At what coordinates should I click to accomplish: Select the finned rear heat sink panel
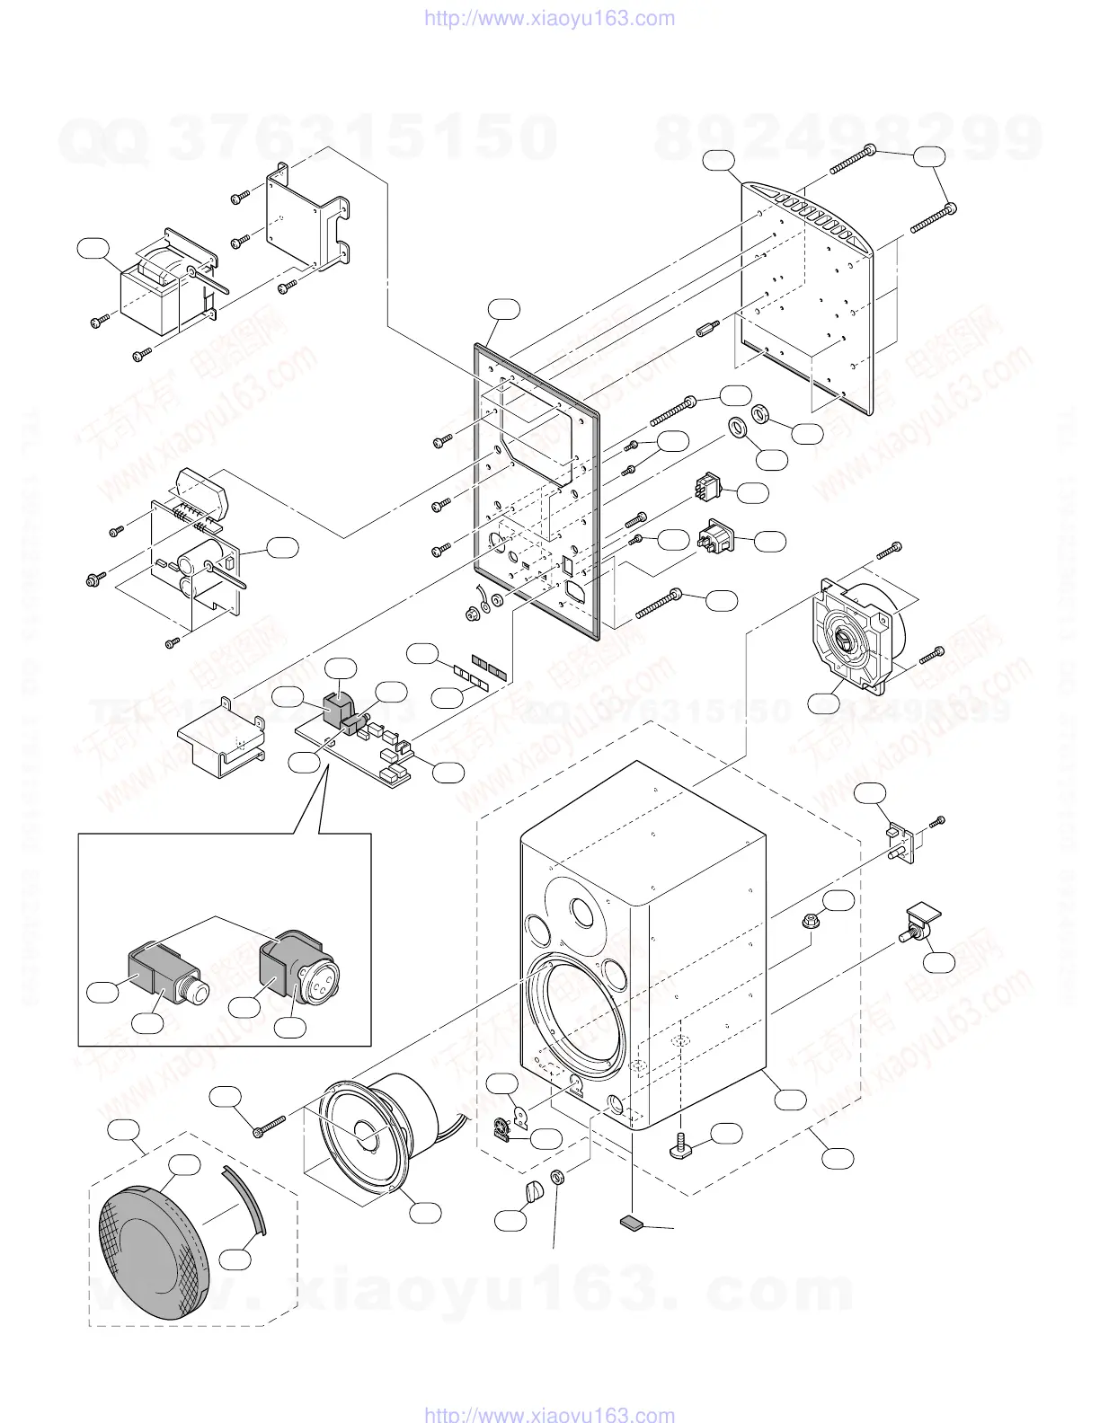(x=809, y=296)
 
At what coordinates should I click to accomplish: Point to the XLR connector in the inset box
(x=296, y=970)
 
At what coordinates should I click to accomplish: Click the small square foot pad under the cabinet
(x=633, y=1223)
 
